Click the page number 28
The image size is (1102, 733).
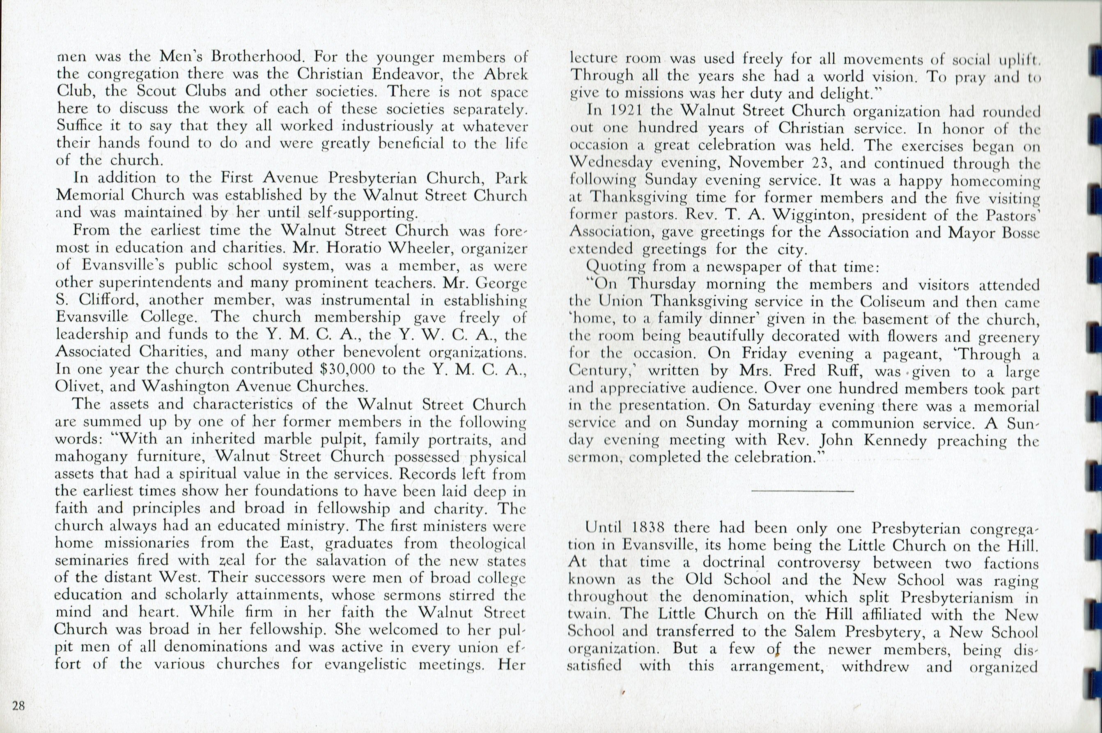18,705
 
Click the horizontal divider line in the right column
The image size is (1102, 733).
803,491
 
